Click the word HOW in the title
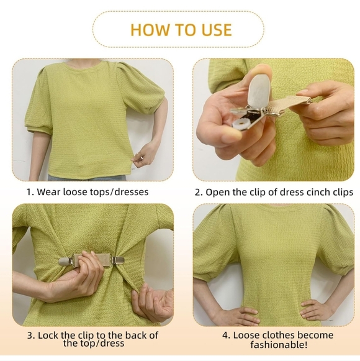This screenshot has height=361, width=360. [150, 30]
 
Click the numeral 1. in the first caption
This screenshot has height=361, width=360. [30, 192]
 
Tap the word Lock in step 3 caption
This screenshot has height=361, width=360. [48, 336]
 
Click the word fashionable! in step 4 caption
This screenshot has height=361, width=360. [279, 345]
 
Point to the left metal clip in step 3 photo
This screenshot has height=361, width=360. [66, 262]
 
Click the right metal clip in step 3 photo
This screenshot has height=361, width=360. [117, 260]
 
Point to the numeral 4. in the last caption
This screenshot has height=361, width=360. [227, 336]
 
